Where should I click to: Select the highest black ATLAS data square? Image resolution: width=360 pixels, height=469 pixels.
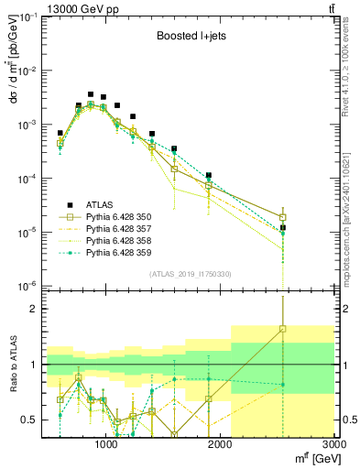point(91,94)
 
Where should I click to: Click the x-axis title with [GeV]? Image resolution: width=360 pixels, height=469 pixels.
point(312,458)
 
